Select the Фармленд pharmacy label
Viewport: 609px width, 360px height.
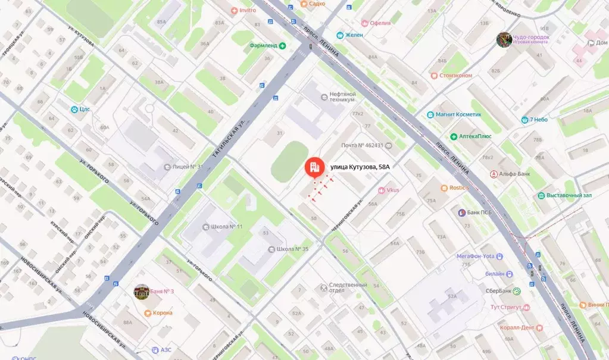pos(264,45)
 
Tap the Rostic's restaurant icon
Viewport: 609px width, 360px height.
pos(444,188)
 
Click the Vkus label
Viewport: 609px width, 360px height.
pos(392,190)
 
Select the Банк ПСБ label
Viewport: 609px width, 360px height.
pos(479,213)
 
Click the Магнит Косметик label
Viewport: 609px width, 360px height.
pos(458,114)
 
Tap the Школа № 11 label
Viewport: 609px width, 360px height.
pos(226,227)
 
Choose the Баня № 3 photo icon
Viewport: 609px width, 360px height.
pos(141,292)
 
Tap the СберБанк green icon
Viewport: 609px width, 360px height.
pos(517,291)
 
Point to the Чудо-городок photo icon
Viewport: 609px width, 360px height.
pos(504,39)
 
